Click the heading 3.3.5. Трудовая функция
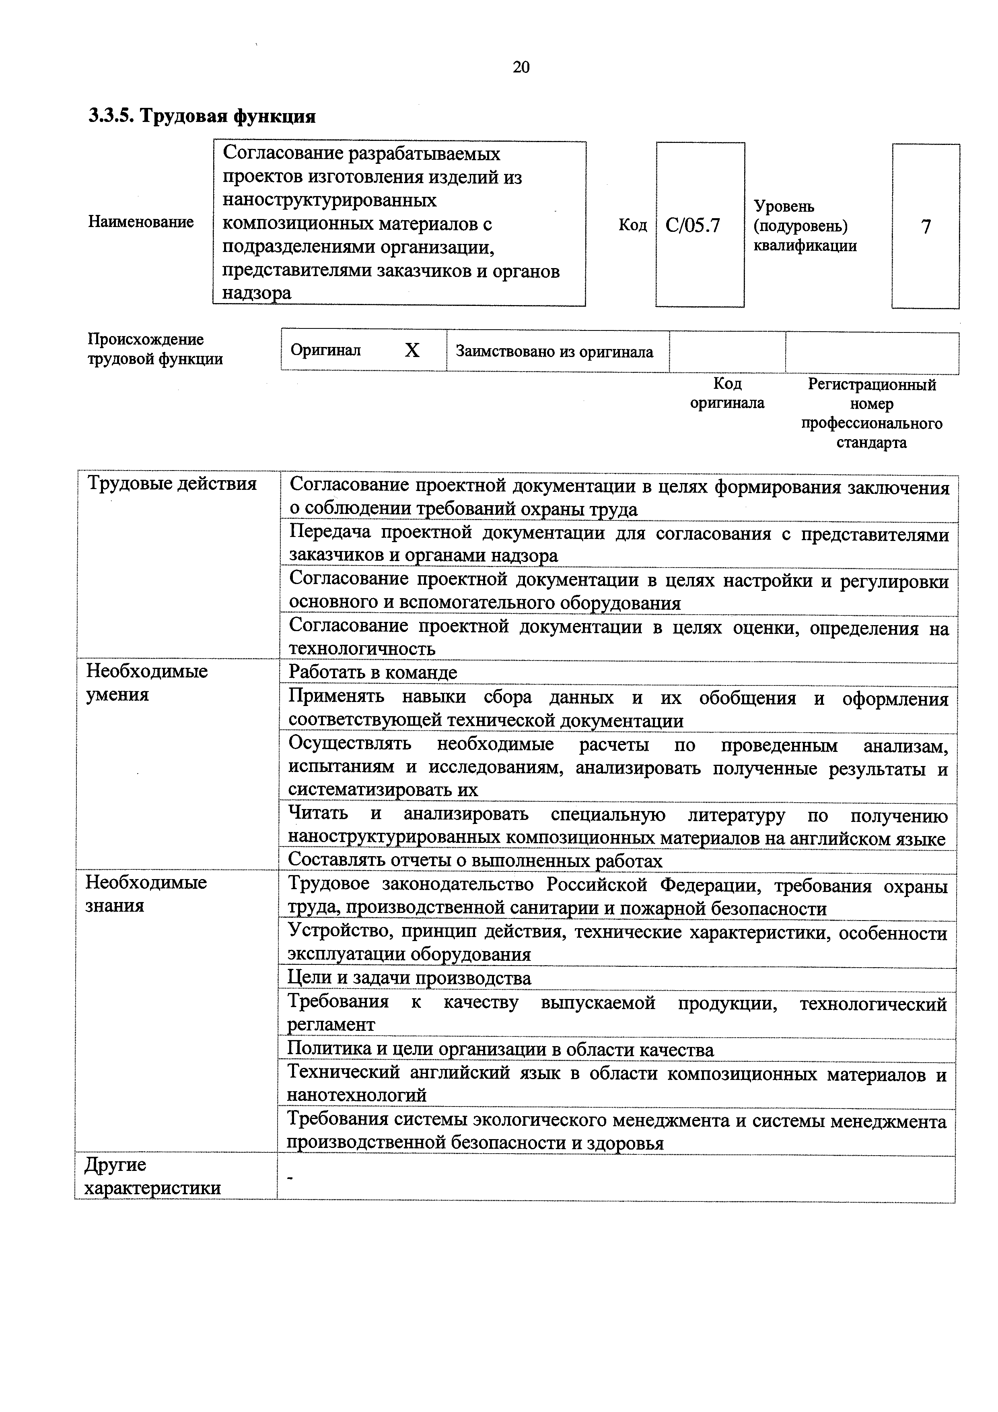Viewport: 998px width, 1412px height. click(x=202, y=116)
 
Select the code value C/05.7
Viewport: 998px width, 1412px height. click(x=693, y=226)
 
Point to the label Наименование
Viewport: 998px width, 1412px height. click(x=141, y=221)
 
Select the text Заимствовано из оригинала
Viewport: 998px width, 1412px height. click(x=554, y=352)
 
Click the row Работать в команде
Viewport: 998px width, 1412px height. click(x=373, y=672)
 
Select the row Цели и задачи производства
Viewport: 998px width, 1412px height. click(x=409, y=978)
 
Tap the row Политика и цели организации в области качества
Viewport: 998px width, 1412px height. click(x=500, y=1049)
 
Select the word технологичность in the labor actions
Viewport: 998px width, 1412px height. click(x=362, y=648)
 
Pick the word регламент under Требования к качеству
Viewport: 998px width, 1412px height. click(x=331, y=1024)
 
